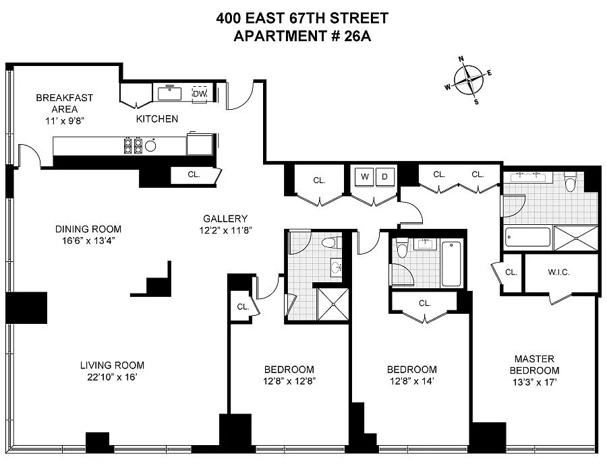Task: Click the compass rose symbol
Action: point(469,80)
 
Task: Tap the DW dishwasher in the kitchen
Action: point(200,94)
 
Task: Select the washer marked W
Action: point(365,177)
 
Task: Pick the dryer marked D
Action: point(385,177)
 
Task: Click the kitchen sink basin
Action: point(169,94)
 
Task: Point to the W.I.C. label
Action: point(558,272)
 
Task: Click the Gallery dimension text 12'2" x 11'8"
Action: point(226,230)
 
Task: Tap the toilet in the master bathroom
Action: point(570,182)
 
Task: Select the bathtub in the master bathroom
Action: point(527,237)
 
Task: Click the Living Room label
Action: point(112,365)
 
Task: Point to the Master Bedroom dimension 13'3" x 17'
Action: point(534,382)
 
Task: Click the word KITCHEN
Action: point(157,119)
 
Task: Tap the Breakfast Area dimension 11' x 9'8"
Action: point(65,121)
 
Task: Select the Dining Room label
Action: point(88,229)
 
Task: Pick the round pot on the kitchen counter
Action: point(150,145)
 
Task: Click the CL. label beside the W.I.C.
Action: point(511,272)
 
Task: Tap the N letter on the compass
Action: point(461,59)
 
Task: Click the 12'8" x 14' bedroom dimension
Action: point(412,381)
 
